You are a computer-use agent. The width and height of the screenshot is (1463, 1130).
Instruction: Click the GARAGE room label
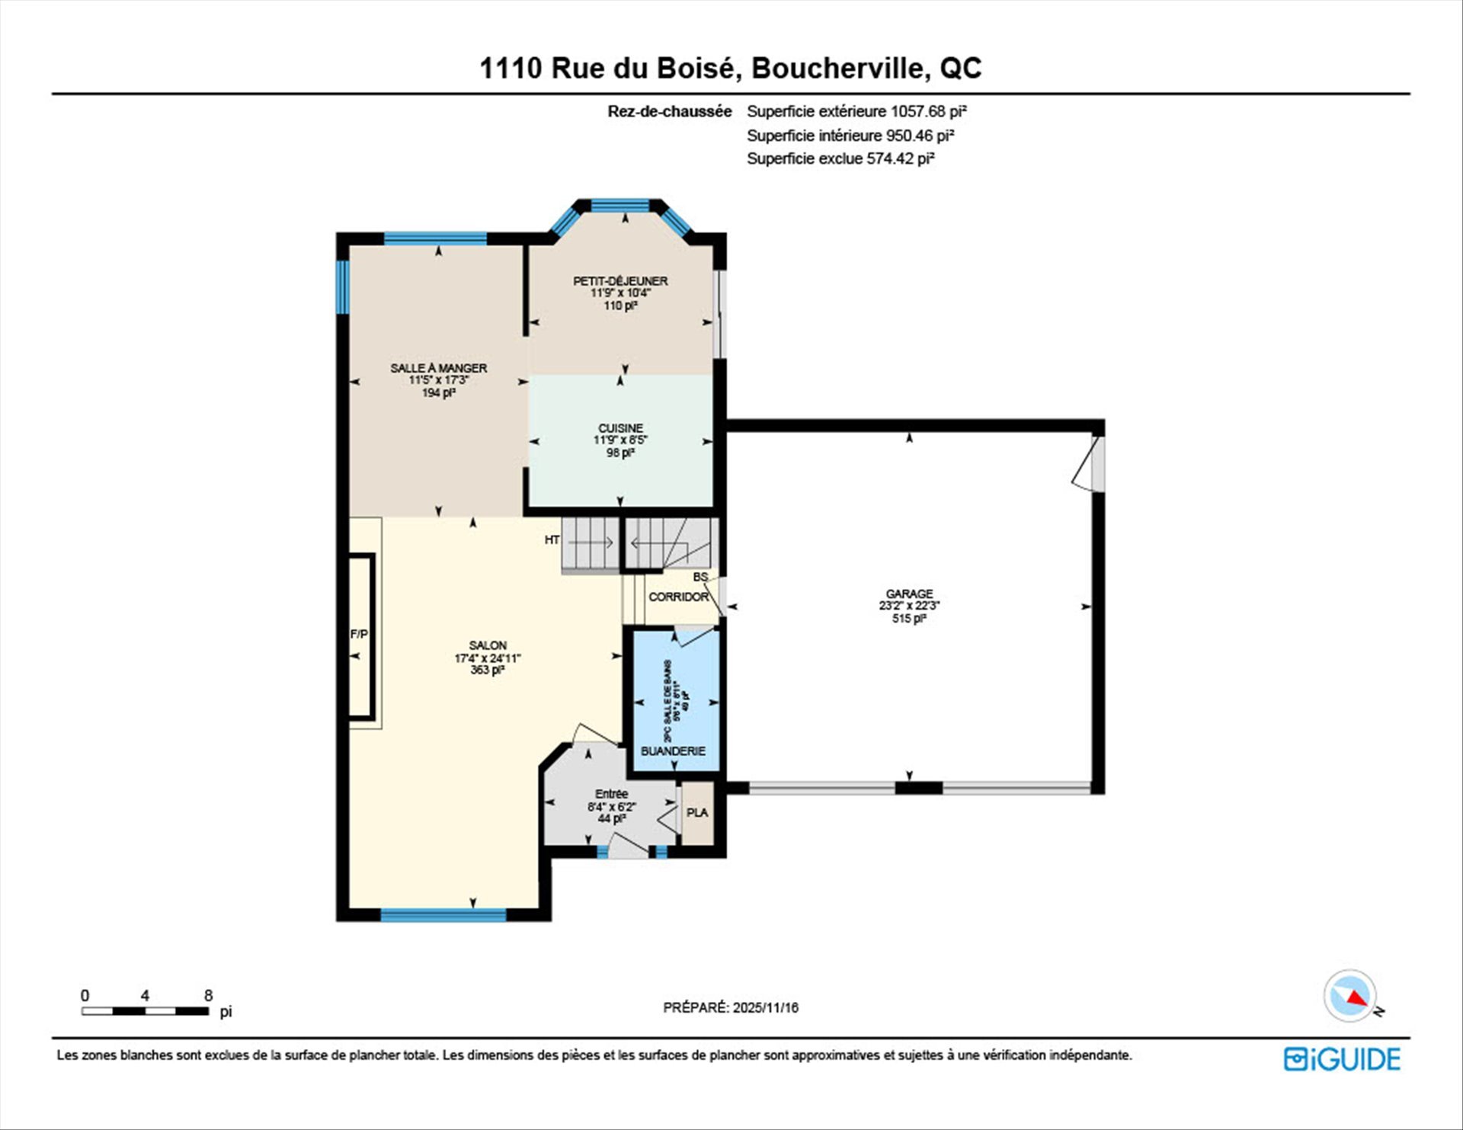[908, 594]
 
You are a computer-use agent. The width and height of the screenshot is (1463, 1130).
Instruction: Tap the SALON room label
[488, 645]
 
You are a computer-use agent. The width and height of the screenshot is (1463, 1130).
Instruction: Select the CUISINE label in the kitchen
[620, 428]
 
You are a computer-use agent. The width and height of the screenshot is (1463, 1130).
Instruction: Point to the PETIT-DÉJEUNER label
[620, 281]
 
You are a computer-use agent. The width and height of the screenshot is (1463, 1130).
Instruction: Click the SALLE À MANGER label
[438, 368]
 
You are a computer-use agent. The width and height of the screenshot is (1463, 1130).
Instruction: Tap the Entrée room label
[611, 794]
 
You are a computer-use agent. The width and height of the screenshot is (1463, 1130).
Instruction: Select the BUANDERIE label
[673, 751]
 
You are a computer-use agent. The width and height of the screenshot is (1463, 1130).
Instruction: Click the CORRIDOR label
[678, 597]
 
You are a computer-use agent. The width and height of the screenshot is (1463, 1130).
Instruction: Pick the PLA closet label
[696, 813]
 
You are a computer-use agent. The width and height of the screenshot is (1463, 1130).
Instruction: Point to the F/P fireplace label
[359, 634]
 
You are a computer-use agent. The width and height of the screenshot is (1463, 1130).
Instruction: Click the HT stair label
[552, 540]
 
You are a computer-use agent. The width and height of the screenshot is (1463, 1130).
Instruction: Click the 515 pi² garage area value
[908, 619]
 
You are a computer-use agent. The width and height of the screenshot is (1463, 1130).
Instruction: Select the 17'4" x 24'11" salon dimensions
[488, 658]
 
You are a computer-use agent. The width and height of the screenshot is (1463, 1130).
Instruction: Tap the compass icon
[1349, 995]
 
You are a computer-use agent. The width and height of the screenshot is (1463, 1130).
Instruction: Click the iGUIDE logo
[1342, 1059]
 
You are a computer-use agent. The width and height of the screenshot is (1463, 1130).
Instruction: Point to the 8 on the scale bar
[208, 995]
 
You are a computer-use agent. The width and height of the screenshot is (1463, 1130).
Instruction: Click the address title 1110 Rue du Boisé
[730, 68]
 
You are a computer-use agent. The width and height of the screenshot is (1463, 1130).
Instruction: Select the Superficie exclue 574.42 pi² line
[840, 158]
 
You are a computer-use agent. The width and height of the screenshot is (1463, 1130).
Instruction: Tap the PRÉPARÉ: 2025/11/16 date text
[731, 1007]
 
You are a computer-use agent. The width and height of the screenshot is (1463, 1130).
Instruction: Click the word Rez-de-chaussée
[669, 111]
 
